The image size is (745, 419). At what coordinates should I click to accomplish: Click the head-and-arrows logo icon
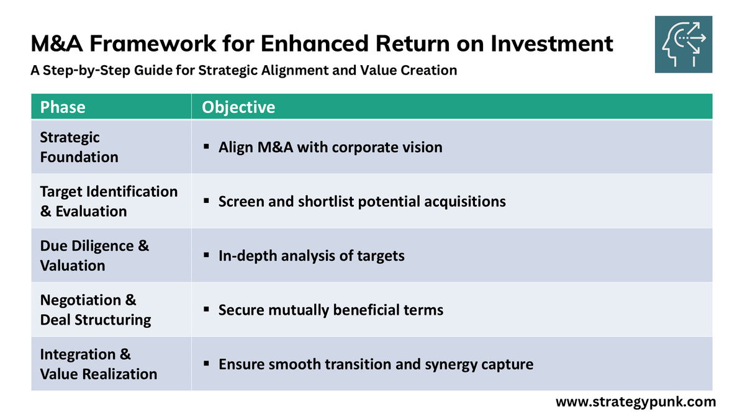[x=684, y=45]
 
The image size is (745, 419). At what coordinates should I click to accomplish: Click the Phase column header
[x=63, y=107]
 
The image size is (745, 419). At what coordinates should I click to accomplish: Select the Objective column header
[x=238, y=107]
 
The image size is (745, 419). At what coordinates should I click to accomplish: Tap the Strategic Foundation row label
[x=79, y=147]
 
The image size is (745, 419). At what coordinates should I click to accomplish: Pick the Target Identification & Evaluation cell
[x=109, y=201]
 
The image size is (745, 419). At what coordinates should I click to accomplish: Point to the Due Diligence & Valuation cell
[x=94, y=256]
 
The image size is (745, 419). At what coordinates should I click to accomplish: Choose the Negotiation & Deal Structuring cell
[x=95, y=310]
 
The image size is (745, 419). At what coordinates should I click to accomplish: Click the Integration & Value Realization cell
[x=98, y=364]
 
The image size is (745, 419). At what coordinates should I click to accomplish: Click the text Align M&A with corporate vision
[x=330, y=148]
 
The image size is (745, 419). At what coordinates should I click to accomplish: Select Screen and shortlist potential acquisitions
[x=362, y=202]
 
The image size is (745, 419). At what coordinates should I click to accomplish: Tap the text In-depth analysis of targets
[x=311, y=256]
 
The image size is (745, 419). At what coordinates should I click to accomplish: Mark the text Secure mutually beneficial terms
[x=331, y=310]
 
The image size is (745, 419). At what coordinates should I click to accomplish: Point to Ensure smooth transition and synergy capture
[x=376, y=364]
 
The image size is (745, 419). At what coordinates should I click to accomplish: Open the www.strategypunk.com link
[x=635, y=402]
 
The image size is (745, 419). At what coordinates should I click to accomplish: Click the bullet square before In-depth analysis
[x=206, y=256]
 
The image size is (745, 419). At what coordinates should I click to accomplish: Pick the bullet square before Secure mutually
[x=206, y=310]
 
